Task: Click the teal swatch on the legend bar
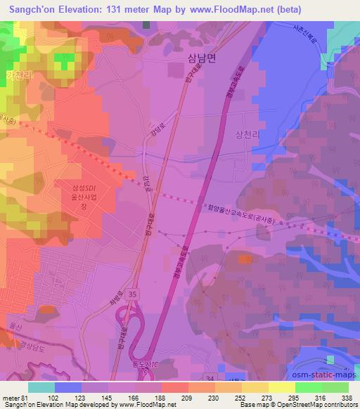click(41, 387)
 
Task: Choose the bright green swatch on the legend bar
click(335, 387)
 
